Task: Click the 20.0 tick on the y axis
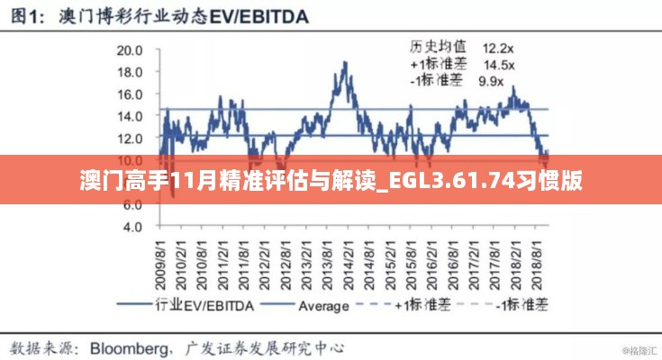(x=131, y=50)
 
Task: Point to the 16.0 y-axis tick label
(x=131, y=94)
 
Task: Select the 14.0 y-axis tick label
(x=131, y=116)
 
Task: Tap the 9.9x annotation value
(x=492, y=81)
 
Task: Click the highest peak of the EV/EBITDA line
(x=345, y=62)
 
